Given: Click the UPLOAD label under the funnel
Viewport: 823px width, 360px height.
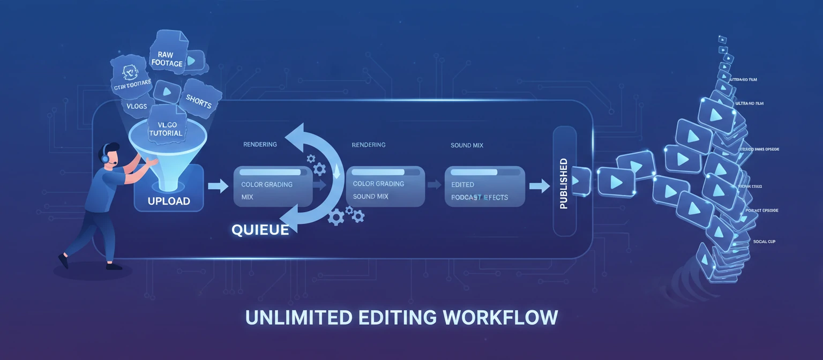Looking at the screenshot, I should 169,201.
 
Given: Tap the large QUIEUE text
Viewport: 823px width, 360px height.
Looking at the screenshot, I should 260,230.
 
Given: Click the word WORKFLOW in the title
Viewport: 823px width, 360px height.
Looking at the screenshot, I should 500,317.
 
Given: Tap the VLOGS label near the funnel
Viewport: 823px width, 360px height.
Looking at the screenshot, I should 137,106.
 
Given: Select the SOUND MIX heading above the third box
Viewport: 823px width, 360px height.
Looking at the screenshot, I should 468,145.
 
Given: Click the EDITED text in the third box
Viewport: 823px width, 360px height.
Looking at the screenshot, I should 462,184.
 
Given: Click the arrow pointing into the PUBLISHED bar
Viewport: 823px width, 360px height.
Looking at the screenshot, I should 539,186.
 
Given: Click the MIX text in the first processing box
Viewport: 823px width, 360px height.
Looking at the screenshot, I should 247,197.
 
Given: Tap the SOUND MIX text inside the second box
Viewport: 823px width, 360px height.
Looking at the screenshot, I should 371,196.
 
